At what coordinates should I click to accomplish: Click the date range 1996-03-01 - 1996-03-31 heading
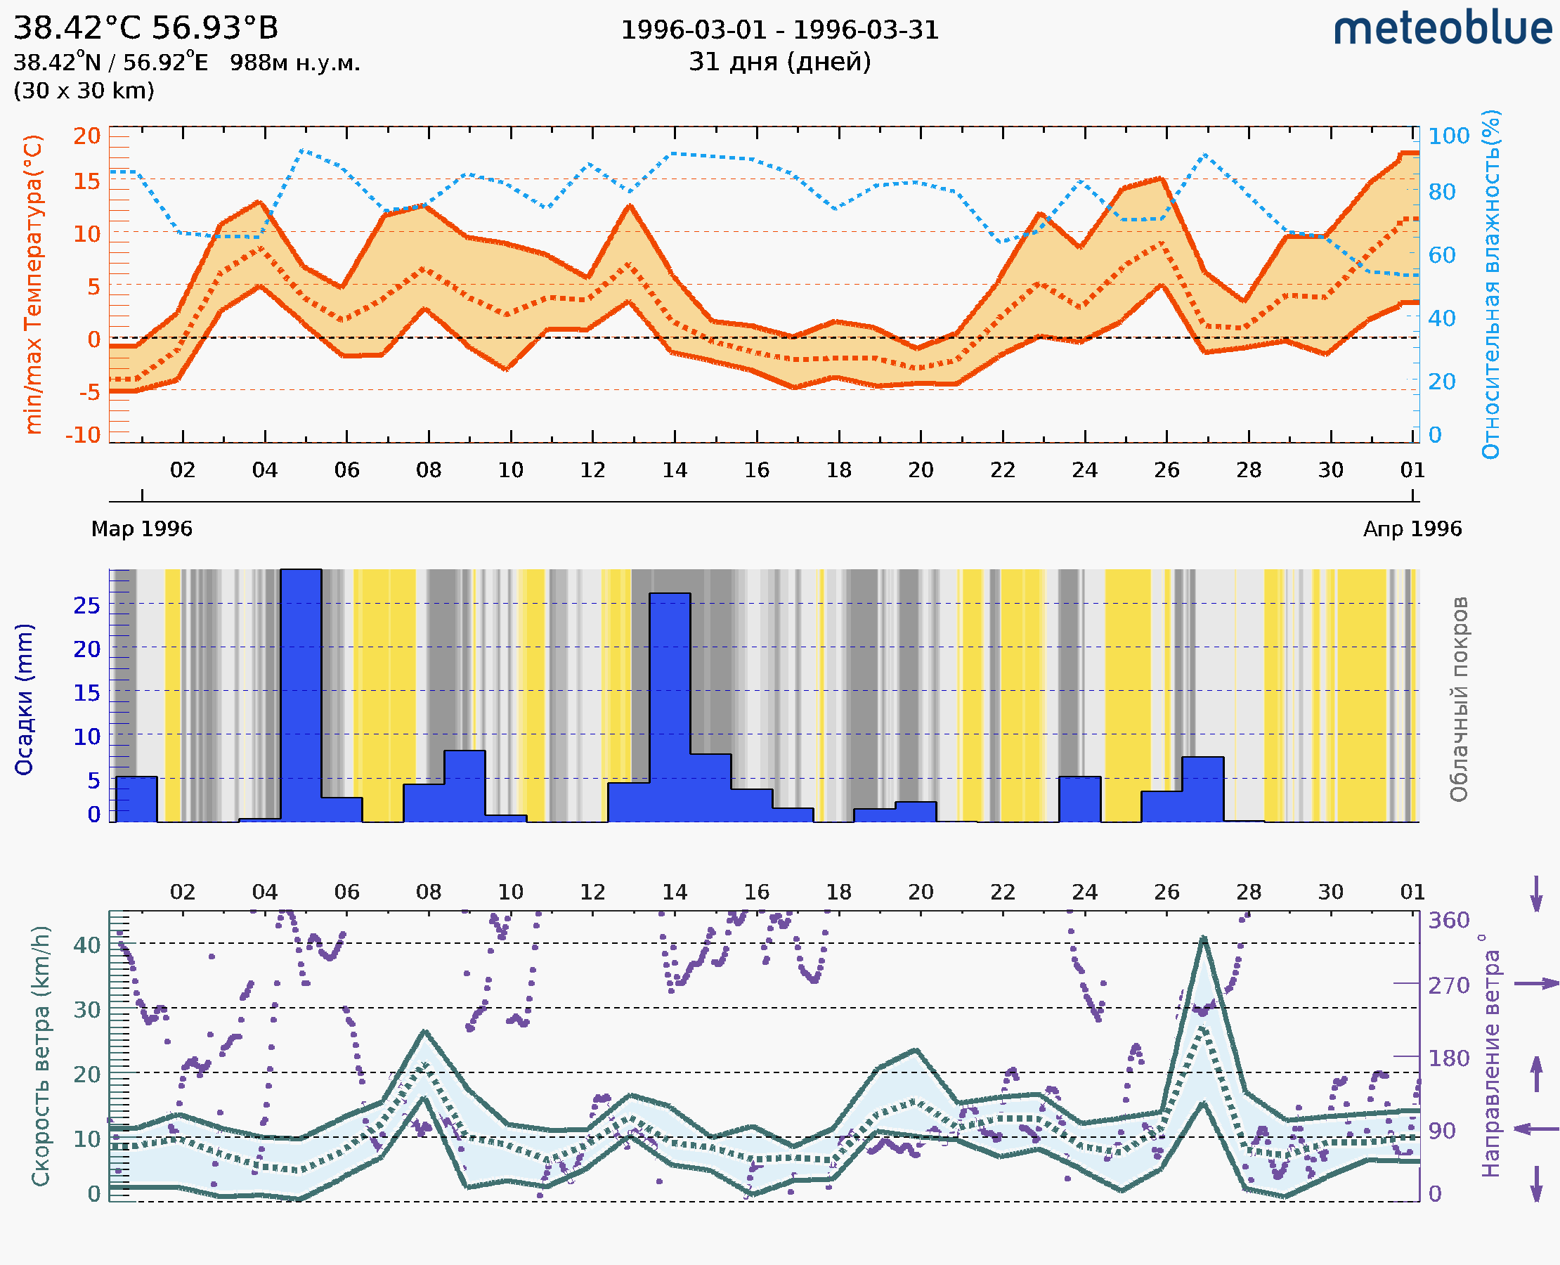coord(779,30)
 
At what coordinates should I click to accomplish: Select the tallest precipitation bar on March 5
coord(301,696)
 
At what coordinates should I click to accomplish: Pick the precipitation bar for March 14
coord(670,707)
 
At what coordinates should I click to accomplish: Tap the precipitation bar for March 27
coord(1203,789)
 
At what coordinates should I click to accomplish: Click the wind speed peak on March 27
coord(1204,938)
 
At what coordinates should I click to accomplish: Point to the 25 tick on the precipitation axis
coord(86,605)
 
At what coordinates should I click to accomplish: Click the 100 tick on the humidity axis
coord(1448,136)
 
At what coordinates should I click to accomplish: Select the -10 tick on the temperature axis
coord(83,435)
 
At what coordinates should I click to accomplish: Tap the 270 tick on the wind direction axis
coord(1448,985)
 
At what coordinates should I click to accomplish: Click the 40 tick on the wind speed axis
coord(86,945)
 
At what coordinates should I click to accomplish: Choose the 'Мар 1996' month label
coord(141,528)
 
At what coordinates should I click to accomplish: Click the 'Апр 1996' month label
coord(1412,528)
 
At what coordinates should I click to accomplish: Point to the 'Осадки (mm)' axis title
coord(24,699)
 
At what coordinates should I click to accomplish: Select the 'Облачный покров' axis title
coord(1458,699)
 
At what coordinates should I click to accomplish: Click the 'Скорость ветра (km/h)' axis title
coord(41,1056)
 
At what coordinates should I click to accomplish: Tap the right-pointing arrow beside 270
coord(1536,984)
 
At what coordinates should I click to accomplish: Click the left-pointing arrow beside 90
coord(1536,1129)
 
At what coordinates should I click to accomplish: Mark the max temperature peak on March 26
coord(1162,179)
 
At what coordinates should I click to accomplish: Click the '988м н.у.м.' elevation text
coord(295,63)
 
